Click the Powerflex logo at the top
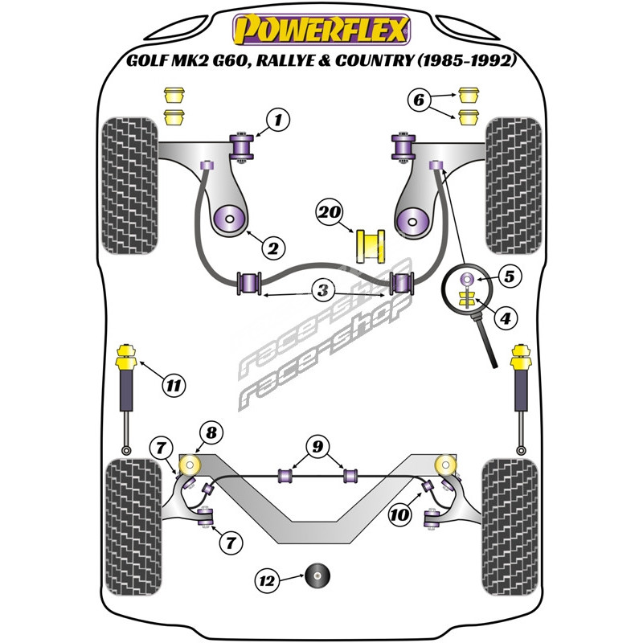click(321, 30)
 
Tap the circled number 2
click(273, 248)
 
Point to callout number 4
click(504, 319)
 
